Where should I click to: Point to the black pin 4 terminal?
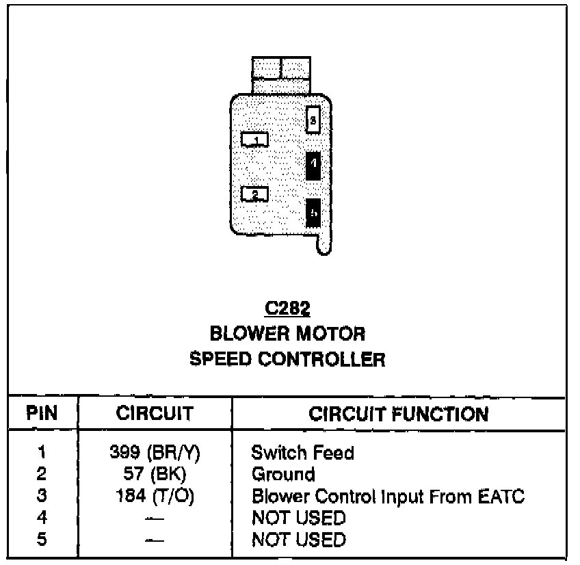click(x=313, y=164)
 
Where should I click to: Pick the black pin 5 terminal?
click(x=313, y=213)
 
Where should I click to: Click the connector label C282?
click(x=287, y=309)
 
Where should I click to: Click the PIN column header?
click(x=42, y=415)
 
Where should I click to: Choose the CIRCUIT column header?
click(x=155, y=415)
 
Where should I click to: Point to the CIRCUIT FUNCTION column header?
click(x=399, y=415)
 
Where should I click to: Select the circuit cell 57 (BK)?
click(x=155, y=474)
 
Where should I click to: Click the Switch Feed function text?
click(x=303, y=452)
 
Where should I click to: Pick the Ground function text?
click(x=283, y=474)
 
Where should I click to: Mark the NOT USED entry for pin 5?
click(x=298, y=540)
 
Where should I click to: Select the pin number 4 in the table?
click(x=42, y=518)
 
